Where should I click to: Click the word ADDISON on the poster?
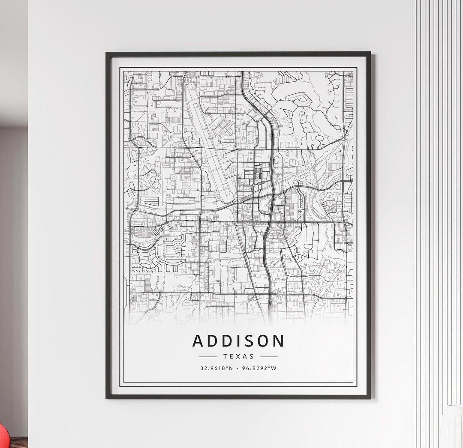click(x=238, y=341)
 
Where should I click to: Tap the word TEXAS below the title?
click(x=238, y=356)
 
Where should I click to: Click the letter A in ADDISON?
click(x=198, y=341)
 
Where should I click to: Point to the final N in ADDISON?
click(x=278, y=341)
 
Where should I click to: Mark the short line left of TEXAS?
click(x=208, y=356)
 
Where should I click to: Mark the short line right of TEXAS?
click(x=269, y=356)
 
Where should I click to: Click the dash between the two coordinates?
click(x=238, y=368)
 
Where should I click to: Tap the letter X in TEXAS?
click(x=238, y=356)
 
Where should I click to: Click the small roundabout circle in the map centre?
click(x=253, y=185)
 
